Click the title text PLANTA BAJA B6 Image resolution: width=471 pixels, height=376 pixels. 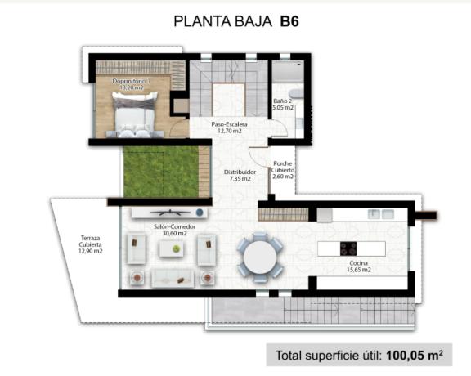[x=236, y=22]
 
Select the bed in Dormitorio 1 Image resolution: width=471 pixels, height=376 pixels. [x=134, y=115]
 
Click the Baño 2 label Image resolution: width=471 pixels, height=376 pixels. [x=282, y=100]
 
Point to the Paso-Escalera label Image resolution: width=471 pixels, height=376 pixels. [x=230, y=124]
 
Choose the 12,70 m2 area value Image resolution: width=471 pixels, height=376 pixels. [x=230, y=131]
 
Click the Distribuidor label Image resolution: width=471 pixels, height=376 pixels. [x=240, y=172]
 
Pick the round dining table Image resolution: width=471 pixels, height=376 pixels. [x=260, y=257]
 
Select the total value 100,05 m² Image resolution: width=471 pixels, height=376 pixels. [x=409, y=356]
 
